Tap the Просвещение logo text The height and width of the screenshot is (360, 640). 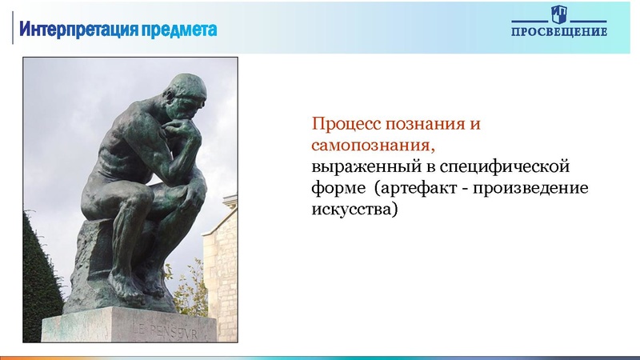point(559,32)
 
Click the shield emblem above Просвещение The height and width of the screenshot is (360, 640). point(559,14)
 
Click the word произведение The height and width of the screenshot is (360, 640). point(539,190)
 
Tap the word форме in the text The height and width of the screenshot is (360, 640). point(332,190)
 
